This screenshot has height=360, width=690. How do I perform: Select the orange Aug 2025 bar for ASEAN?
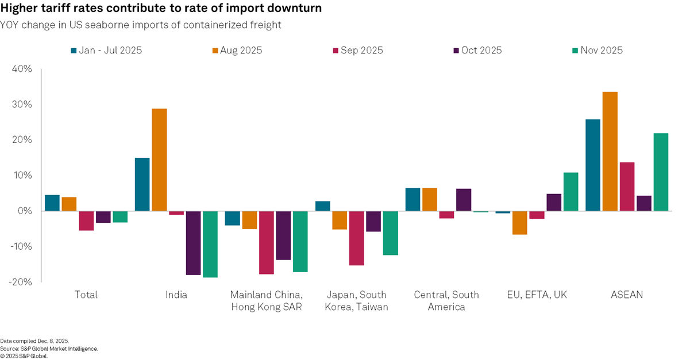coord(610,152)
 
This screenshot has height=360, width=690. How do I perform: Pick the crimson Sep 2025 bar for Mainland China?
coord(266,242)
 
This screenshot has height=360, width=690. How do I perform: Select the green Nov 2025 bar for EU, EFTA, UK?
coord(570,192)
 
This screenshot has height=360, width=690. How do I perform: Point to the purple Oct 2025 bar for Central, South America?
coord(464,200)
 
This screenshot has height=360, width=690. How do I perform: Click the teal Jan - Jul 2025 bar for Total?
coord(52,203)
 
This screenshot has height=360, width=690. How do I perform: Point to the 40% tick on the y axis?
coord(21,69)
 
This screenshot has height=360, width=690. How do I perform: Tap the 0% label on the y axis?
coord(25,211)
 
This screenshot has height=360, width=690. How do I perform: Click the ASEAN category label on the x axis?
coord(626,295)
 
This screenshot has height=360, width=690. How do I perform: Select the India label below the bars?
coord(176,295)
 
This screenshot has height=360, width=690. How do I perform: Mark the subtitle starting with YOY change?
coord(141,25)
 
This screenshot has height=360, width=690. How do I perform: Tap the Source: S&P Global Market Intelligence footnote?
coord(49,349)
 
